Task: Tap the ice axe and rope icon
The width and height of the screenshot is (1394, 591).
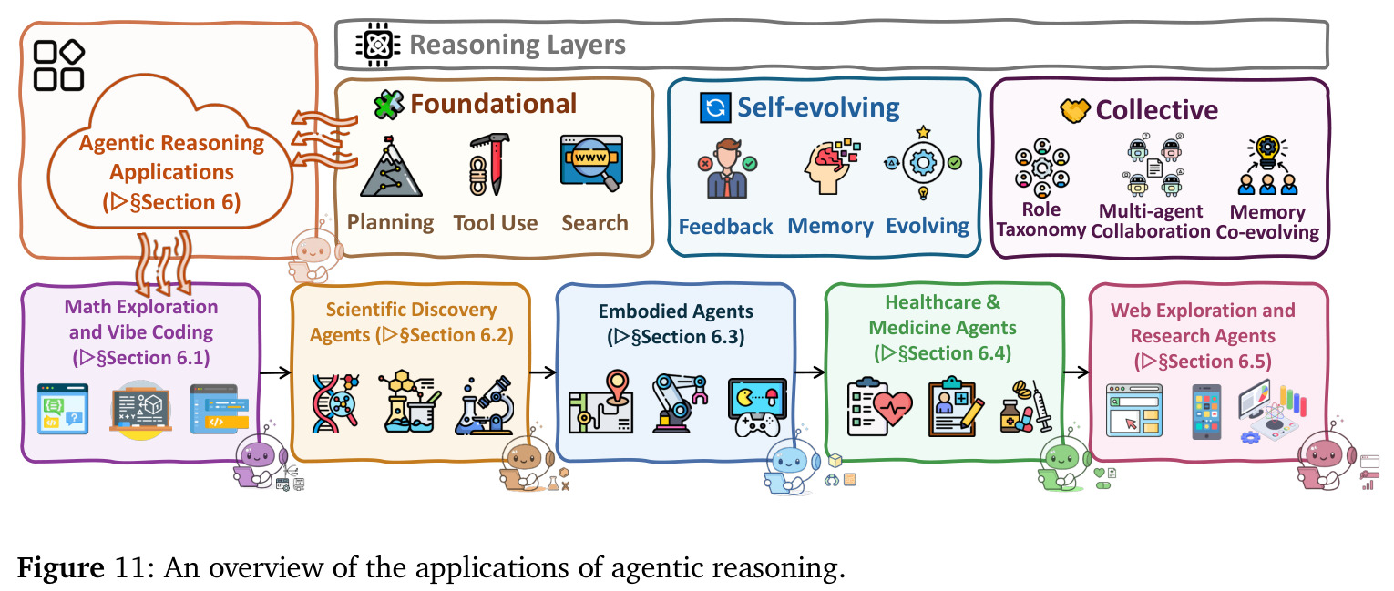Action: (x=489, y=165)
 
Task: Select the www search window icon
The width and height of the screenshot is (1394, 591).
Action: (x=592, y=163)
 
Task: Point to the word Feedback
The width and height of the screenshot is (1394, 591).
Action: (x=725, y=227)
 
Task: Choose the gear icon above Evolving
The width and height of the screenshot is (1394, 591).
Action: (x=923, y=163)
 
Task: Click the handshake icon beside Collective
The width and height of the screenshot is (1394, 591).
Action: (x=1075, y=111)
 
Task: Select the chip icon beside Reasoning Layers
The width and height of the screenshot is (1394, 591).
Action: (x=377, y=45)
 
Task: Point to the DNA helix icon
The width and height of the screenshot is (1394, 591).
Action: (x=335, y=403)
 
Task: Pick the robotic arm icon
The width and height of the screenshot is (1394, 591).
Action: (x=679, y=403)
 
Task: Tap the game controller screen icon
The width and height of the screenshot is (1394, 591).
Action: (x=757, y=407)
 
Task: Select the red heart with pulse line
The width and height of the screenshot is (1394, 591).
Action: (x=892, y=407)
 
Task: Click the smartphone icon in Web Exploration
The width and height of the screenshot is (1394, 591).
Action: (x=1206, y=412)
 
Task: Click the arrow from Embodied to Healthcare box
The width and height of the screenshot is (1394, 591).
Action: (x=810, y=372)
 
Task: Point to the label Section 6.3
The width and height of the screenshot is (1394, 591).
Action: (x=676, y=337)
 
